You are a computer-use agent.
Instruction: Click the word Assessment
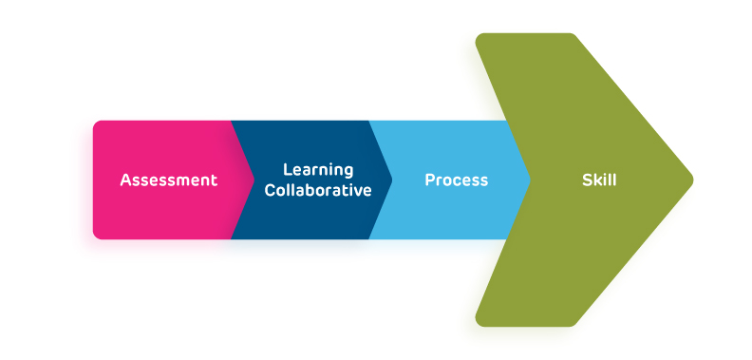tap(168, 180)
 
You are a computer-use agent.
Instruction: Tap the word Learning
tap(318, 170)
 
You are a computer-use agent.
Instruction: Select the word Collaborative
tap(318, 190)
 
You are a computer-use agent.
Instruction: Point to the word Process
tap(456, 180)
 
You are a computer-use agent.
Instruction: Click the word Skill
tap(599, 180)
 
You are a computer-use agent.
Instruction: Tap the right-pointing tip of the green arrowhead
tap(691, 180)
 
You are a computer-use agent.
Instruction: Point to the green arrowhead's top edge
tap(527, 35)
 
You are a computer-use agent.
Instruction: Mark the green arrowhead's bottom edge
tap(527, 325)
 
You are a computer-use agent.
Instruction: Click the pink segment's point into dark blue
tap(252, 180)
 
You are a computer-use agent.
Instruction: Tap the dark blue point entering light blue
tap(390, 180)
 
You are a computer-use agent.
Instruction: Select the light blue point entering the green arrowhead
tap(528, 180)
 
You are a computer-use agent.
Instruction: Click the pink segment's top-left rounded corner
tap(97, 125)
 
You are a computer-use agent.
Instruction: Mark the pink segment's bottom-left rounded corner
tap(97, 234)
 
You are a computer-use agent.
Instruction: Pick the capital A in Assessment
tap(125, 180)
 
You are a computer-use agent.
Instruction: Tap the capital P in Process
tap(430, 180)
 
